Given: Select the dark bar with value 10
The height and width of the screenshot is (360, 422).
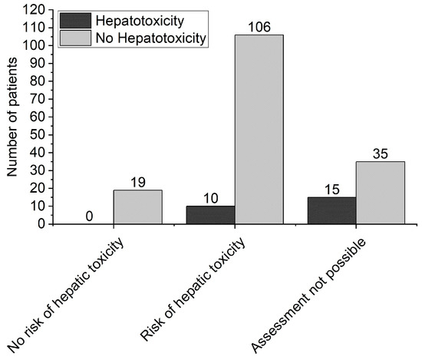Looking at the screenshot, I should click(x=211, y=215).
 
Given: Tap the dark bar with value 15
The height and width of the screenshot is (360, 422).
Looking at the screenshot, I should click(x=331, y=210).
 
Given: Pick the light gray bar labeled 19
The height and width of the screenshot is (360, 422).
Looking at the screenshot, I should click(x=138, y=206).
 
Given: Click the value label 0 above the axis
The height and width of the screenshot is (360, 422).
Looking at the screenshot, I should click(x=90, y=216).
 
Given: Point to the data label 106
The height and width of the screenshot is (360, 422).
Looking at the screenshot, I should click(x=259, y=27).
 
